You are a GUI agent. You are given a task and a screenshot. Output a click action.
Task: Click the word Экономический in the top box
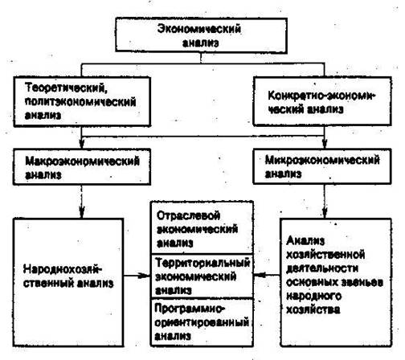point(199,29)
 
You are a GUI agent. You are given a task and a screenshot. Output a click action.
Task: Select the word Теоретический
point(67,88)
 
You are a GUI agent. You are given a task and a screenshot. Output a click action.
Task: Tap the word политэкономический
point(80,102)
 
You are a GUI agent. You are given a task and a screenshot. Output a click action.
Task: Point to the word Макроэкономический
point(82,162)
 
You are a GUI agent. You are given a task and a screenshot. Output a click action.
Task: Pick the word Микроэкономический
point(322,160)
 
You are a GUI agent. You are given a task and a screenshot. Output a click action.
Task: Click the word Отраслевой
point(188,215)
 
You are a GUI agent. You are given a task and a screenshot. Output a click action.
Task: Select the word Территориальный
point(202,263)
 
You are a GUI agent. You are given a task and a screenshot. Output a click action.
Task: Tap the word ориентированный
point(202,322)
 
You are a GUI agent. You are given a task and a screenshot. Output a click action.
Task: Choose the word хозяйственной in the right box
point(325,255)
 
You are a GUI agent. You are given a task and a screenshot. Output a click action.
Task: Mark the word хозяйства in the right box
point(313,309)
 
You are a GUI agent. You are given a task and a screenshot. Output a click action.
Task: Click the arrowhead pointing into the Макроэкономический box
point(82,144)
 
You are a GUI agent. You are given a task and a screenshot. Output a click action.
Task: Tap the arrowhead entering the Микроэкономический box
point(325,144)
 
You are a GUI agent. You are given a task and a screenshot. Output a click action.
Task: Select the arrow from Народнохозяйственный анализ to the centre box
point(137,276)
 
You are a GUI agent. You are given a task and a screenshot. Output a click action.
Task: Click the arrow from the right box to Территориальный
point(267,275)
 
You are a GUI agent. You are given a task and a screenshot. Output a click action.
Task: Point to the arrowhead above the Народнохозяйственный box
point(82,212)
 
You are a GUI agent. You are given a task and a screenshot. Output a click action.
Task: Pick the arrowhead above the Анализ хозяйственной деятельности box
point(325,212)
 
